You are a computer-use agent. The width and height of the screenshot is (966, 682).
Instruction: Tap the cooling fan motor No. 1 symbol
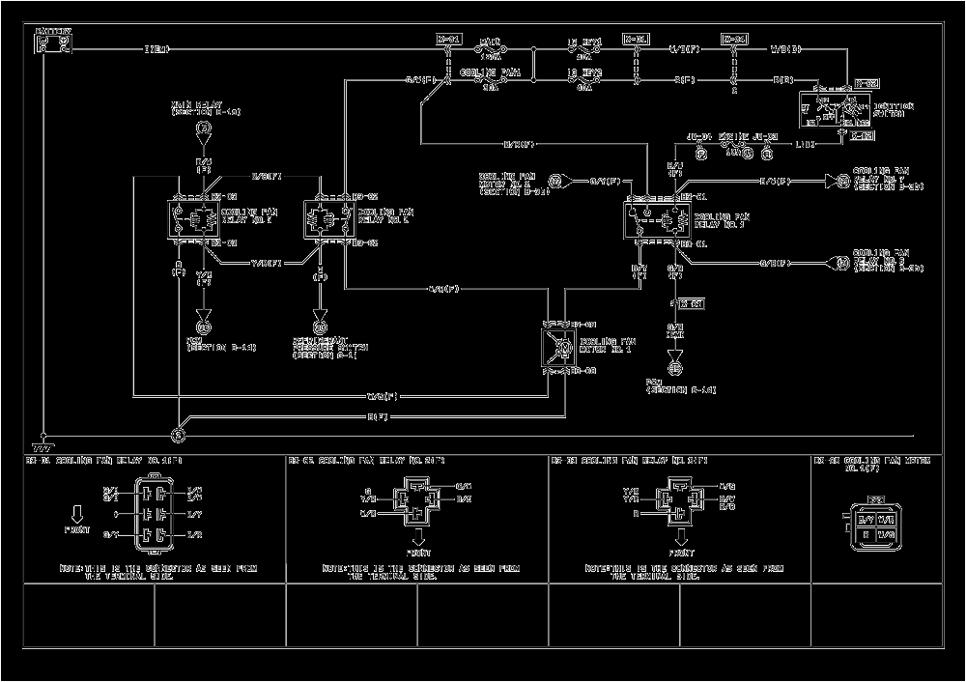point(558,347)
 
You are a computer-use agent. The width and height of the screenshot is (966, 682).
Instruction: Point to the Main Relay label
point(205,108)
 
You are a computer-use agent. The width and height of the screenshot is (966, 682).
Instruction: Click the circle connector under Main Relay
point(204,128)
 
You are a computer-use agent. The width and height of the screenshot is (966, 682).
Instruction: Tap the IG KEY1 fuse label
point(584,43)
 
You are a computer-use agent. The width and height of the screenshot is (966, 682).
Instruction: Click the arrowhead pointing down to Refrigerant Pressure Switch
point(319,327)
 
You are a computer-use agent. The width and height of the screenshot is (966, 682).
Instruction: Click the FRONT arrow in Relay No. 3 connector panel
point(680,538)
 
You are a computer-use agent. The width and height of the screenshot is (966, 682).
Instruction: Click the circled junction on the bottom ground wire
point(178,436)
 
